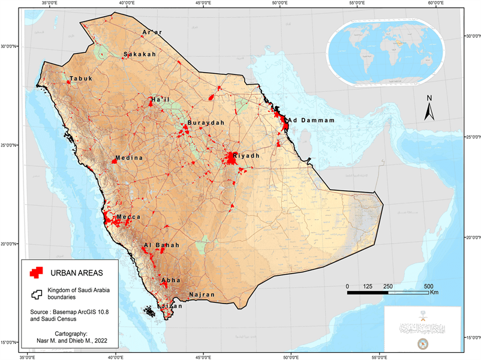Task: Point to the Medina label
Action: click(x=130, y=158)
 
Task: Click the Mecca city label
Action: click(x=129, y=217)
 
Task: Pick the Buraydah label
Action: click(x=206, y=123)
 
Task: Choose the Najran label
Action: click(x=201, y=295)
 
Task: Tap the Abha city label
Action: click(x=171, y=280)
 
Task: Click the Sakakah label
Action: click(x=140, y=55)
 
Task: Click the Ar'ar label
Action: click(x=152, y=32)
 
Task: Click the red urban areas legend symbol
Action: click(x=37, y=272)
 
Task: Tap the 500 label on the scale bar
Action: click(x=429, y=285)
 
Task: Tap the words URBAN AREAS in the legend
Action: click(x=76, y=273)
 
